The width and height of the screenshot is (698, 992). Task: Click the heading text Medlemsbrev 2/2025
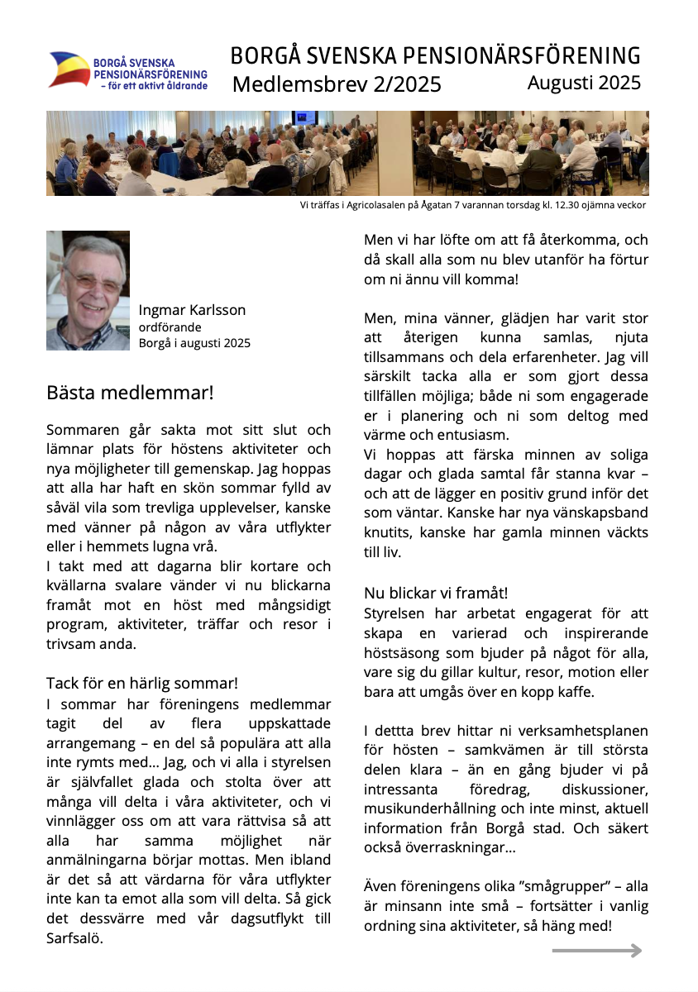pos(337,84)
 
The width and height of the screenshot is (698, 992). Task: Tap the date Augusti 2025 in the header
pos(584,83)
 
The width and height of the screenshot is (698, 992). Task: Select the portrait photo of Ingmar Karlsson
pos(88,290)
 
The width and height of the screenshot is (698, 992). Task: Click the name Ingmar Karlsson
pos(192,310)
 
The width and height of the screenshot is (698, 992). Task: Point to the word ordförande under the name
pos(170,327)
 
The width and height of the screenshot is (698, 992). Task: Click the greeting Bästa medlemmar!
pos(130,392)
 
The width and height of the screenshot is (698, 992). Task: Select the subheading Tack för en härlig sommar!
pos(142,683)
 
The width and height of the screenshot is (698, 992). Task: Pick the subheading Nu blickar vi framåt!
pos(436,593)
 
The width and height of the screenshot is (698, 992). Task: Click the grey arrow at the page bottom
pos(597,951)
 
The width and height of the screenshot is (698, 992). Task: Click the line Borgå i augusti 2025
pos(194,343)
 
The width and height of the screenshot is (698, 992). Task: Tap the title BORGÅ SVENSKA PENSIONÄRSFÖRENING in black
pos(435,56)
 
